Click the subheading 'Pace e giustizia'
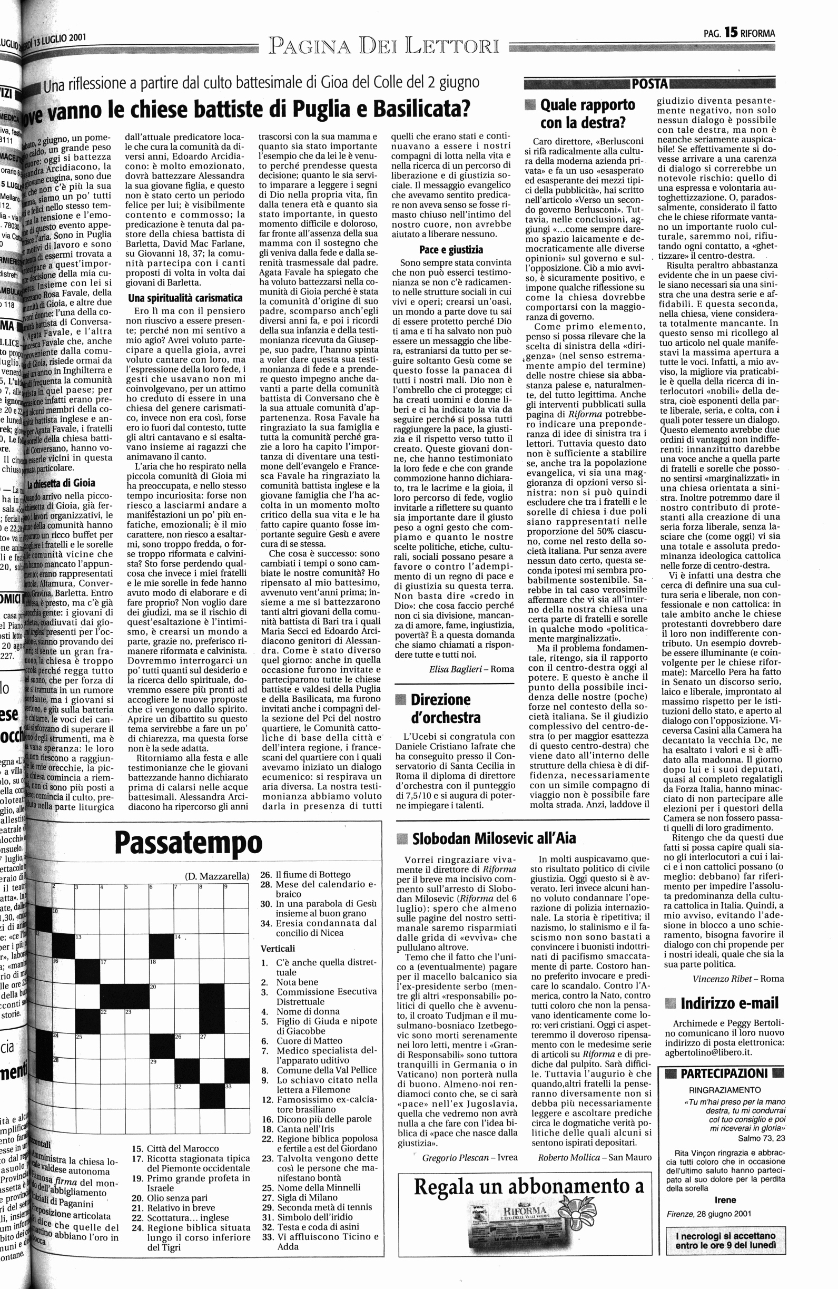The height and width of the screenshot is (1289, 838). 451,250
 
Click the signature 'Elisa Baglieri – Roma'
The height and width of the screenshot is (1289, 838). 471,668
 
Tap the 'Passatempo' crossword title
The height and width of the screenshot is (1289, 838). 189,843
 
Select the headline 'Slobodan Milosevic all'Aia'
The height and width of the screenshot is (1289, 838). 494,838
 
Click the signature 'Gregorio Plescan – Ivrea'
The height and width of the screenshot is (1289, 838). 469,1157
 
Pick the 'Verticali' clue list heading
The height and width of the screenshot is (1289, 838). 277,949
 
